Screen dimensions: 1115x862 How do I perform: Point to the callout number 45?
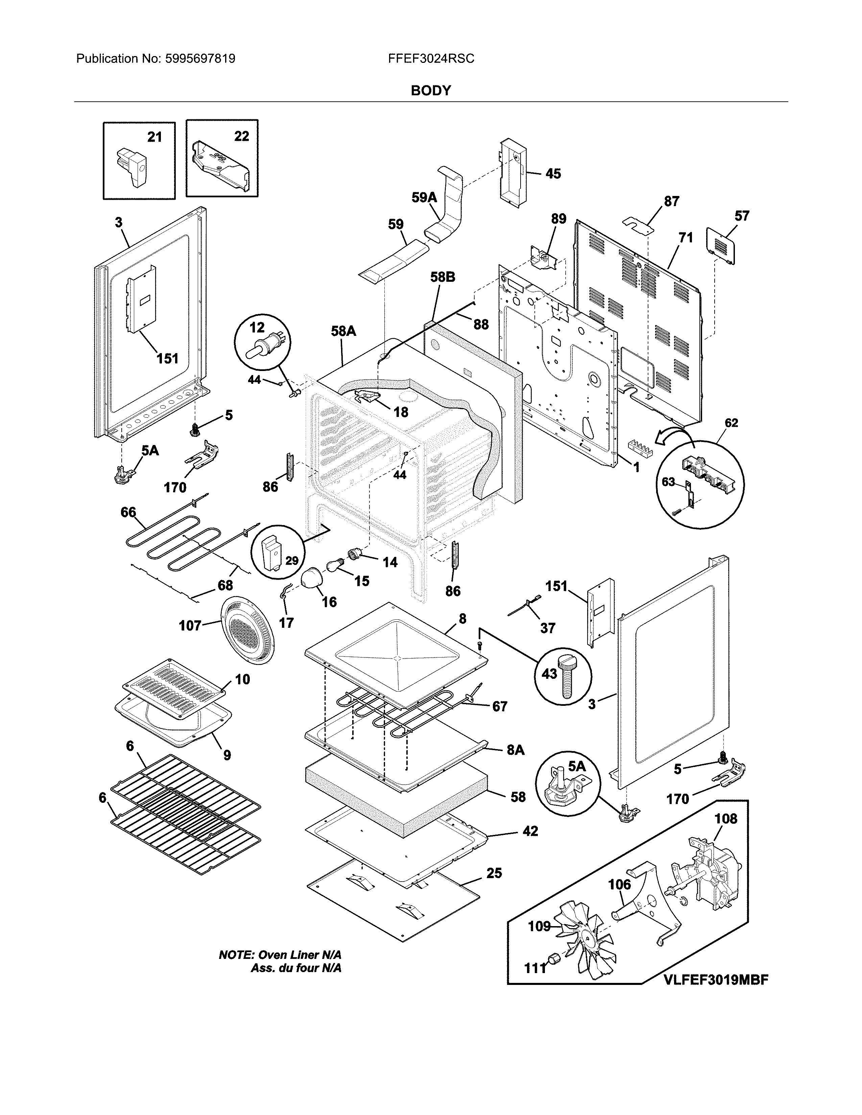tap(553, 174)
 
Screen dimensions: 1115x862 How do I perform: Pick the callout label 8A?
tap(515, 750)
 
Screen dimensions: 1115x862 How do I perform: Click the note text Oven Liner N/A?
tap(280, 955)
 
